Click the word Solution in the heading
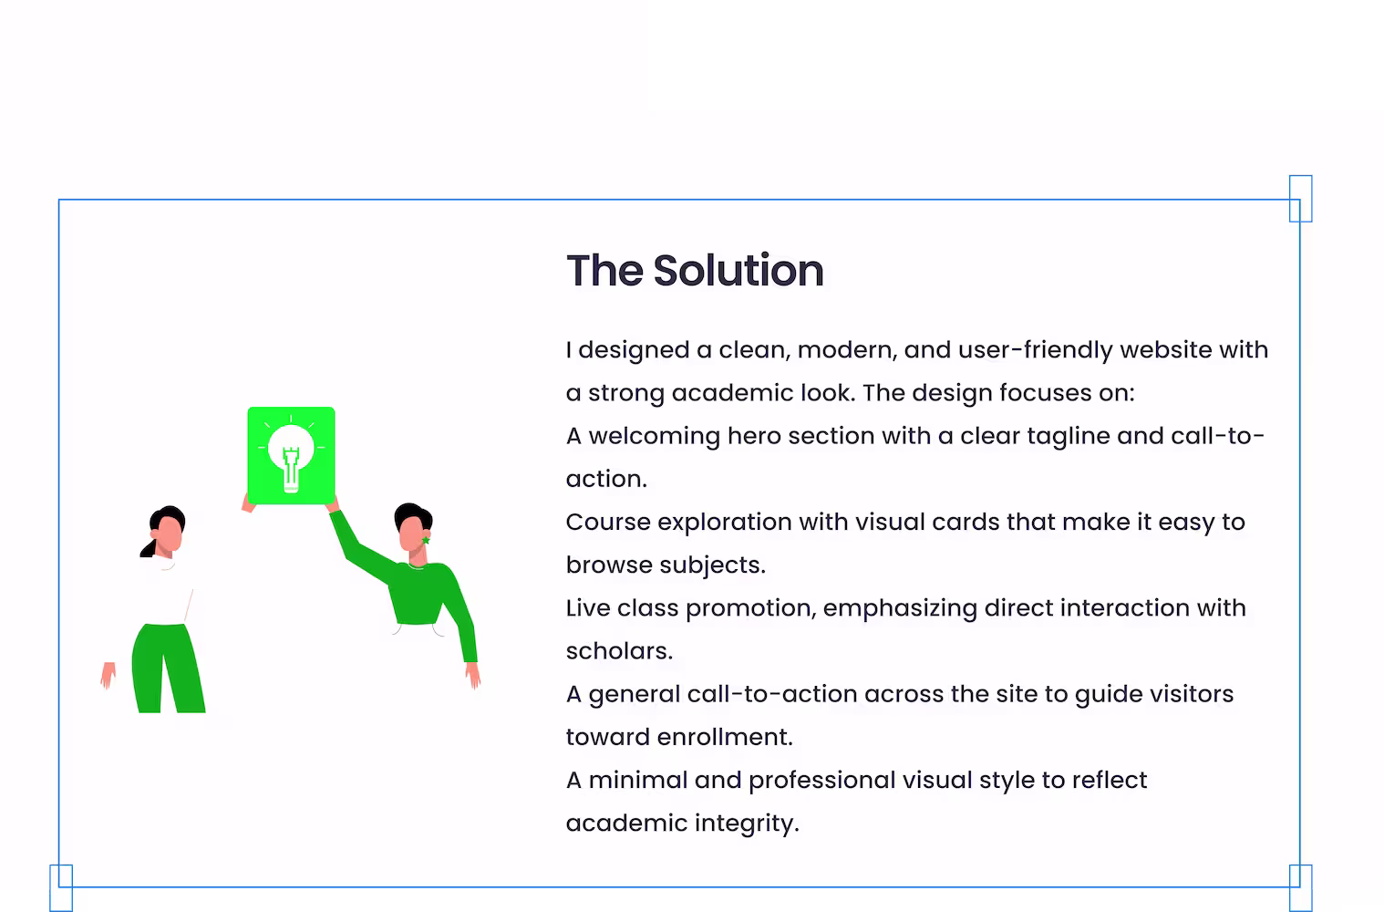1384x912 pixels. [738, 271]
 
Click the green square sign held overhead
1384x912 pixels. [291, 455]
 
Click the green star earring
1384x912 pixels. [426, 541]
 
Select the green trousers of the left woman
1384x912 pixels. [168, 668]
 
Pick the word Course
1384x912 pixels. [608, 522]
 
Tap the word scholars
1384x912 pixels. [619, 651]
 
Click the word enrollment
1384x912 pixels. [725, 737]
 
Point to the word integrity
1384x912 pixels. [747, 824]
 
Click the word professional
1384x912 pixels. [821, 781]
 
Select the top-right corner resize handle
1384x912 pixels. [1300, 198]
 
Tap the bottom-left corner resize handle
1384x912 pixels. [60, 888]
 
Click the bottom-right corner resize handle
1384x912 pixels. [1300, 888]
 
